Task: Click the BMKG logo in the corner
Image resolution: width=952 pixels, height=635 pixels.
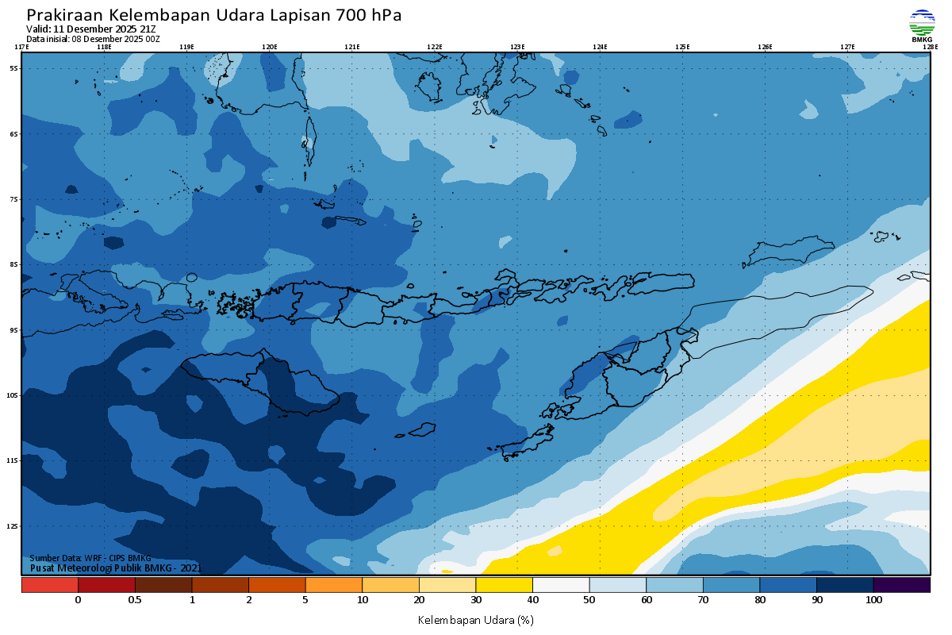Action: tap(922, 25)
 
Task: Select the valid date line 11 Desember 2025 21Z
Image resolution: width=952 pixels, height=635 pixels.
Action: tap(91, 29)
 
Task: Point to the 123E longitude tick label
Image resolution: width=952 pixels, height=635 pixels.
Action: tap(517, 47)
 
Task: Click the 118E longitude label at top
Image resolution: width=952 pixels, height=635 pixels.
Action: tap(104, 47)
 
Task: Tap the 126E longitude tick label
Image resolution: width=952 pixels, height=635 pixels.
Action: tap(765, 47)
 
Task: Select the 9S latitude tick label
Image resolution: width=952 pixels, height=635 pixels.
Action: tap(13, 329)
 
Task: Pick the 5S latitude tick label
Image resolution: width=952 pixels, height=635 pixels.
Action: tap(13, 68)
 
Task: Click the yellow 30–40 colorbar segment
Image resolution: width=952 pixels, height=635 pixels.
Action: tap(504, 585)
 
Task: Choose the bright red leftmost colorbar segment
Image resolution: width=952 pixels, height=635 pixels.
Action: tap(49, 585)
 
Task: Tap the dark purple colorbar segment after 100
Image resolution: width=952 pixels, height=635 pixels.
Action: tap(901, 585)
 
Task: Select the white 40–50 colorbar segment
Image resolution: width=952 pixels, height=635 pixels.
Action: tap(561, 585)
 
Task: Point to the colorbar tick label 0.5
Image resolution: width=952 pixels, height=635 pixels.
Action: tap(135, 600)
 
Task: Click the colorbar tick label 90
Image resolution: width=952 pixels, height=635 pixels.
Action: tap(816, 600)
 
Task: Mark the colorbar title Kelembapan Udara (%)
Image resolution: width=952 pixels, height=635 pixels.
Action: tap(475, 619)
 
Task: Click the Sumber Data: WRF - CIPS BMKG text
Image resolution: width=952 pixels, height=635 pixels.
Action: tap(90, 558)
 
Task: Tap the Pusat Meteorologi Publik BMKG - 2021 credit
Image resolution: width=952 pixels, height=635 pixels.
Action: tap(116, 568)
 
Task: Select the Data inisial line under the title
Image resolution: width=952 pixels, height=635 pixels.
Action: tap(93, 39)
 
